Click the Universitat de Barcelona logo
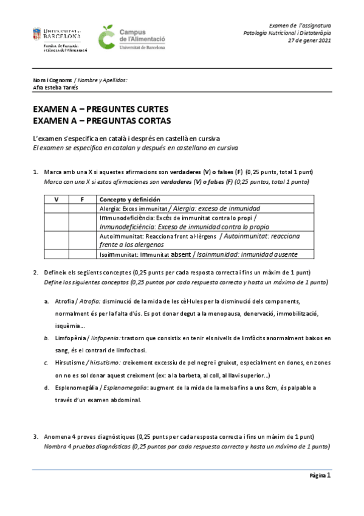(60, 39)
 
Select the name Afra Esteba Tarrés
(55, 87)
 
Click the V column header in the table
(57, 199)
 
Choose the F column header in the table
(83, 199)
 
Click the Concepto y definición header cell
(129, 199)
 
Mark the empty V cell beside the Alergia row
(57, 207)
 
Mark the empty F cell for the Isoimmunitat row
(83, 254)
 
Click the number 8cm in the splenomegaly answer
(279, 387)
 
